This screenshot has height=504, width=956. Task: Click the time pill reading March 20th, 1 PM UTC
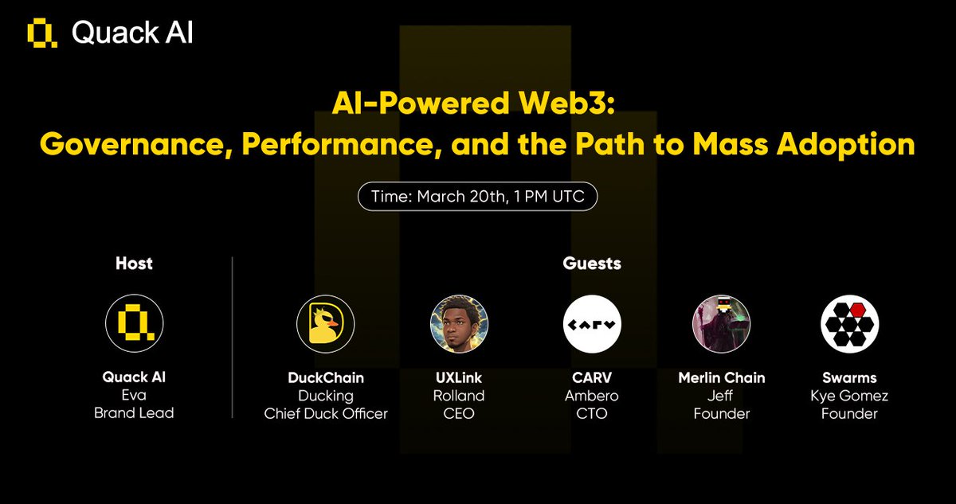click(x=477, y=197)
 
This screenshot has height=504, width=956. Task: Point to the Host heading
click(x=134, y=263)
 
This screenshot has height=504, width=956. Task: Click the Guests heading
click(x=591, y=263)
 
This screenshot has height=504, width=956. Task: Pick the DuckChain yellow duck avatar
click(x=325, y=324)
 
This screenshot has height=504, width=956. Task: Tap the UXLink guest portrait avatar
click(x=459, y=324)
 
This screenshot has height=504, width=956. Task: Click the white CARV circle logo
click(x=592, y=324)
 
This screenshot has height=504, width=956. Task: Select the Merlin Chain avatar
click(x=720, y=324)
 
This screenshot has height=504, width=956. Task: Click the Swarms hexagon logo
click(x=849, y=324)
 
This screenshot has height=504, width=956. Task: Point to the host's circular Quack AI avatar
click(x=134, y=324)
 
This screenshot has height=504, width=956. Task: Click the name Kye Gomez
click(x=849, y=396)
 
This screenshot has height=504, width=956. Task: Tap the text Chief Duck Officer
click(x=326, y=413)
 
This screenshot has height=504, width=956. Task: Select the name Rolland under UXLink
click(x=459, y=396)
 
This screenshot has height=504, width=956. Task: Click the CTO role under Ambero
click(x=592, y=413)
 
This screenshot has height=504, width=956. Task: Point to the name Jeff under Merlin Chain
click(x=720, y=396)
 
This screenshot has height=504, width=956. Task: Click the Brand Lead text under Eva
click(x=134, y=413)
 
